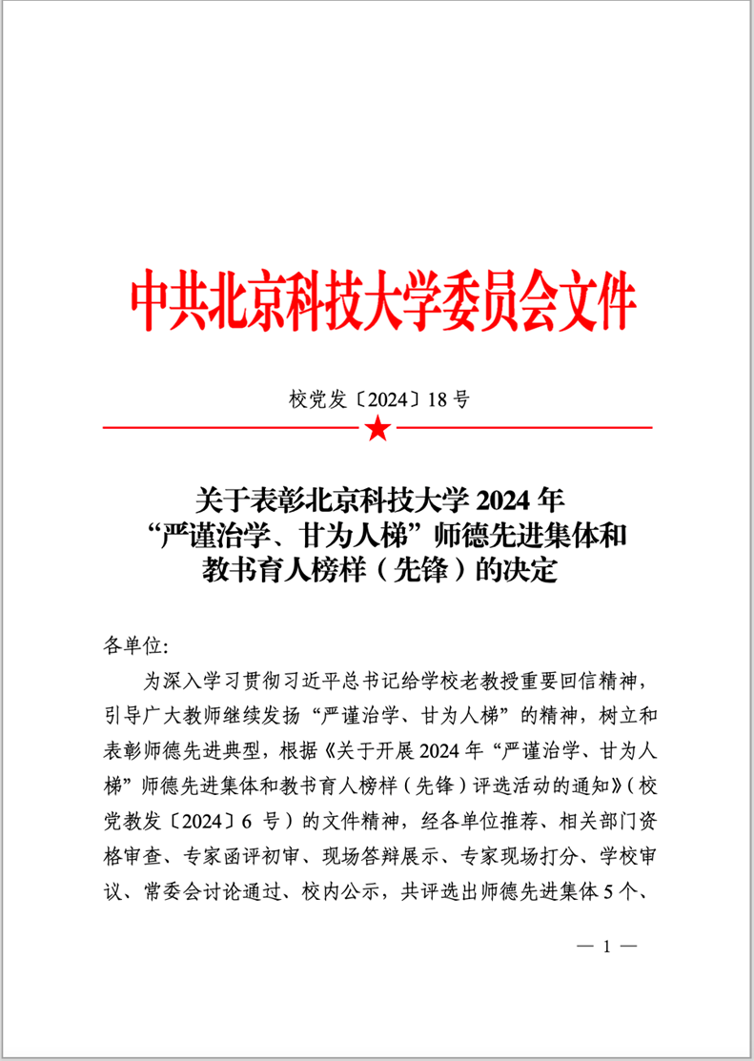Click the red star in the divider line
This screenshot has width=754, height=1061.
pos(377,429)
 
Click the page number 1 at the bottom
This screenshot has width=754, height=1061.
pos(605,947)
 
